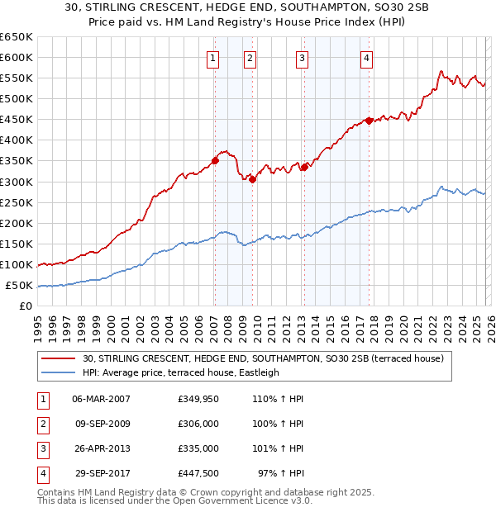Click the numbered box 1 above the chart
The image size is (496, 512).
(213, 58)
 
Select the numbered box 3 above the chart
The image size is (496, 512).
(303, 58)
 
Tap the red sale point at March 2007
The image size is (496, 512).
(215, 160)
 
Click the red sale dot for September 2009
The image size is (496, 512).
(252, 180)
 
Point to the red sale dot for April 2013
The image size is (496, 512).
(304, 167)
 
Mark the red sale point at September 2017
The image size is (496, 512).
(370, 121)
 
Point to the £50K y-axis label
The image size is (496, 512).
(19, 285)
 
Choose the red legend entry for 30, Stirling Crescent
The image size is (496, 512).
(263, 358)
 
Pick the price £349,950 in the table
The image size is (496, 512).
(198, 399)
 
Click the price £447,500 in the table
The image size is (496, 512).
(198, 473)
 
